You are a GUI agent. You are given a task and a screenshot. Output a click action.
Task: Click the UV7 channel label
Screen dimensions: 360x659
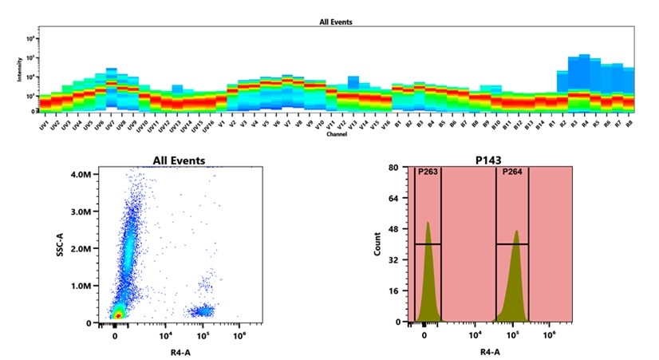[110, 125]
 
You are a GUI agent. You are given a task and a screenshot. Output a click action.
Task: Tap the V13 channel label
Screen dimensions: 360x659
[352, 125]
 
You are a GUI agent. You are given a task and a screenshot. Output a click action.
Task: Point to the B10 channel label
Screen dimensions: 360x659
[495, 125]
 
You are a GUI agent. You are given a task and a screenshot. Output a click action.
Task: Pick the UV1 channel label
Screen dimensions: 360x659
[44, 125]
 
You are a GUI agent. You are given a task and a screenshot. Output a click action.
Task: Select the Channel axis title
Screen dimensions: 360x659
[336, 134]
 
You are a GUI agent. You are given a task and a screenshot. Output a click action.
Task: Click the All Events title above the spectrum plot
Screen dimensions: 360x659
[336, 23]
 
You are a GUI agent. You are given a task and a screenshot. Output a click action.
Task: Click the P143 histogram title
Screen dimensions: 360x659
[492, 161]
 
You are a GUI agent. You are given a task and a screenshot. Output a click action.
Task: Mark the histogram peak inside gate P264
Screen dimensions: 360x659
[516, 232]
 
